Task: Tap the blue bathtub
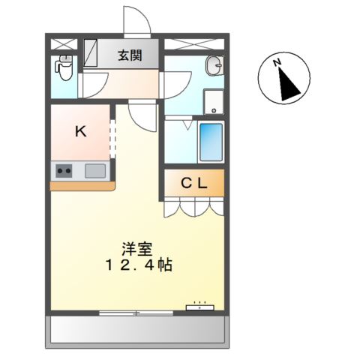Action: click(x=211, y=141)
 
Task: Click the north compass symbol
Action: click(x=283, y=79)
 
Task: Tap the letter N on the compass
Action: click(x=276, y=63)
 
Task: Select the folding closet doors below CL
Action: click(x=194, y=206)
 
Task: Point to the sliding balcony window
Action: click(x=136, y=311)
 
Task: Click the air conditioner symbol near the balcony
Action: click(x=200, y=307)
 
